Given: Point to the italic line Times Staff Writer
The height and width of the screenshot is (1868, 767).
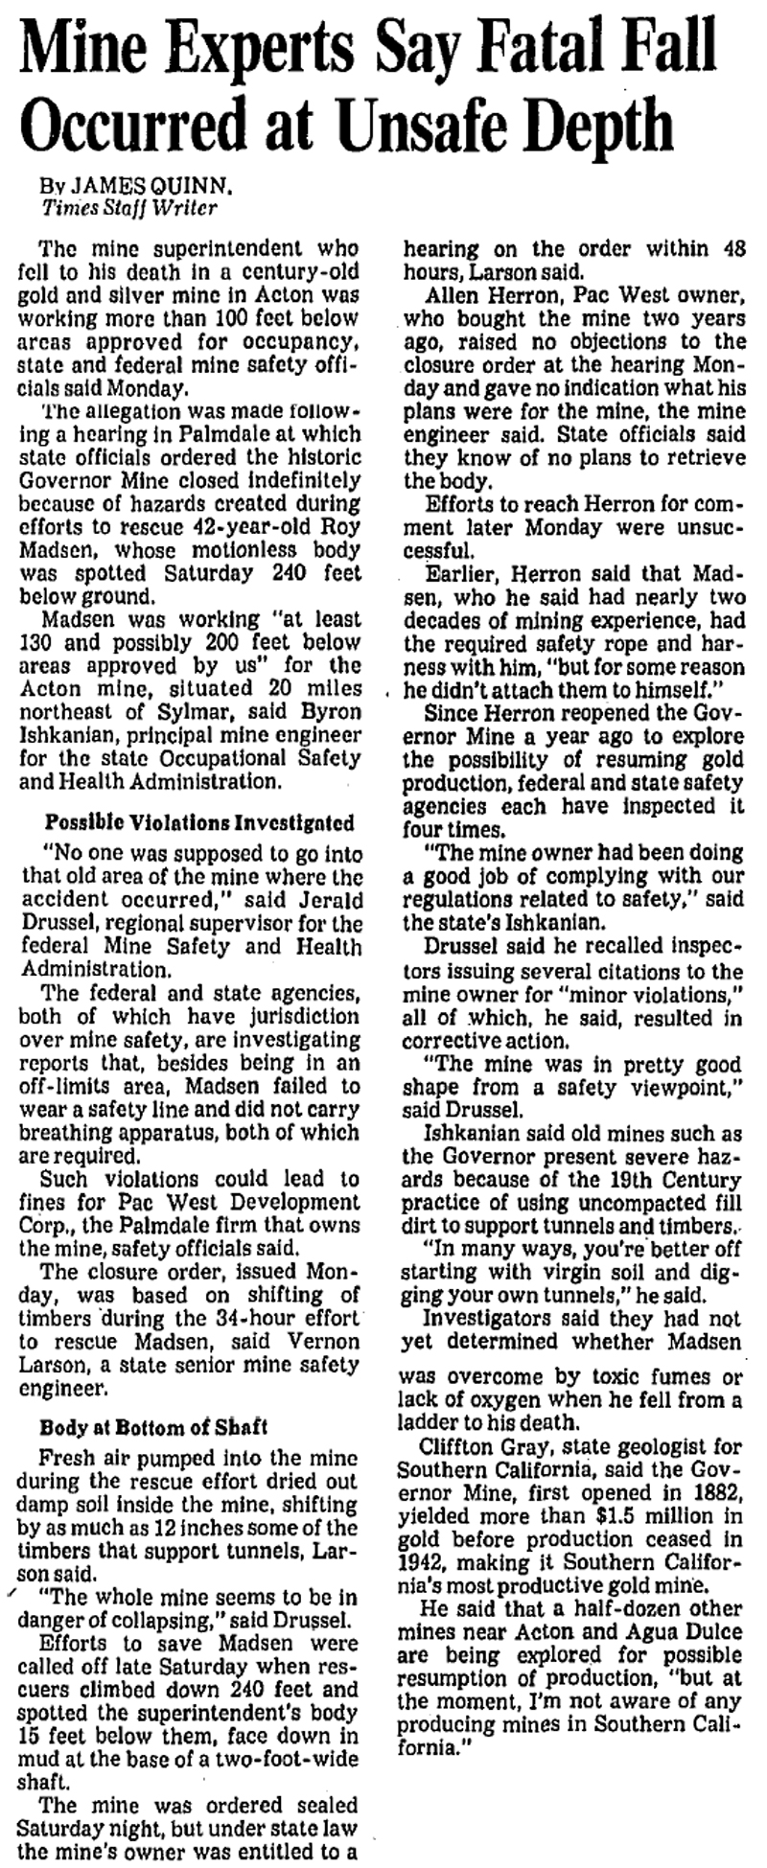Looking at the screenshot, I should pos(129,205).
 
